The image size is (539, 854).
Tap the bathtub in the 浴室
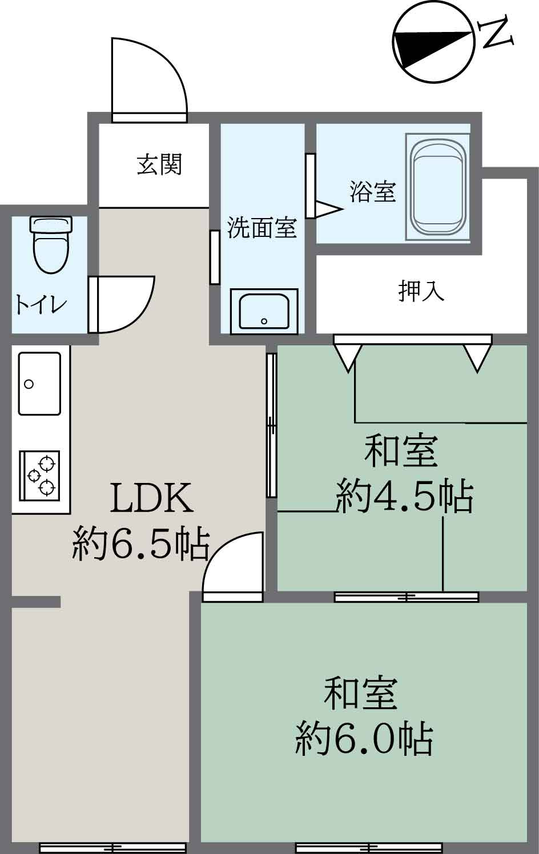437,187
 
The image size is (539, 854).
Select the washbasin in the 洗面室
264,312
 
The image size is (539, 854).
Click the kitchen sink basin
39,383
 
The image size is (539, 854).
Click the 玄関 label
159,165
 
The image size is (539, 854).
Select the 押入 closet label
421,291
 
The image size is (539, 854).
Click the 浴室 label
372,191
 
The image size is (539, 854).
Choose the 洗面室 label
262,228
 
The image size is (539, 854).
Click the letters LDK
152,498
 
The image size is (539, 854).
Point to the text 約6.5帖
140,545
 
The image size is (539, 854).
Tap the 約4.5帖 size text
405,496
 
